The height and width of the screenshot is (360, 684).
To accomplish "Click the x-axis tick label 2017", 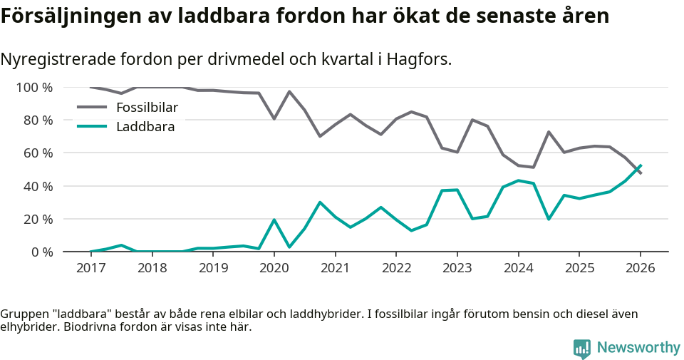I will (90, 268).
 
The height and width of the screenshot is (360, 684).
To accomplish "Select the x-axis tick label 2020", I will (274, 268).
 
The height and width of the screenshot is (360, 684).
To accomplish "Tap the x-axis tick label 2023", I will (457, 268).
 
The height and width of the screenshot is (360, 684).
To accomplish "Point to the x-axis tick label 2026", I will (640, 268).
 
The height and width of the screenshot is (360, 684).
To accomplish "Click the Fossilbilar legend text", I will (147, 108).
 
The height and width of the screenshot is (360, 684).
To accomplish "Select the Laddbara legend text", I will (145, 127).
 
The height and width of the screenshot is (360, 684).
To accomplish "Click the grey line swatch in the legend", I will (91, 108).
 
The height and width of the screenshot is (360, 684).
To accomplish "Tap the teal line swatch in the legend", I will (91, 127).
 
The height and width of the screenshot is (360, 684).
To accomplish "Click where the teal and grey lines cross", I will (636, 170).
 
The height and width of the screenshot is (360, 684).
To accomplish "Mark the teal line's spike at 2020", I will (274, 220).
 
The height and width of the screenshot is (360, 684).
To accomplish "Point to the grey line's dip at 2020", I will (274, 118).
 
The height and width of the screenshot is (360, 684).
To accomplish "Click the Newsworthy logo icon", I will (582, 348).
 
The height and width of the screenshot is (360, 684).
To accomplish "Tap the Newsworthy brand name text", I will (638, 348).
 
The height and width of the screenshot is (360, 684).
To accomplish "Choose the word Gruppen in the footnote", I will (23, 314).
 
